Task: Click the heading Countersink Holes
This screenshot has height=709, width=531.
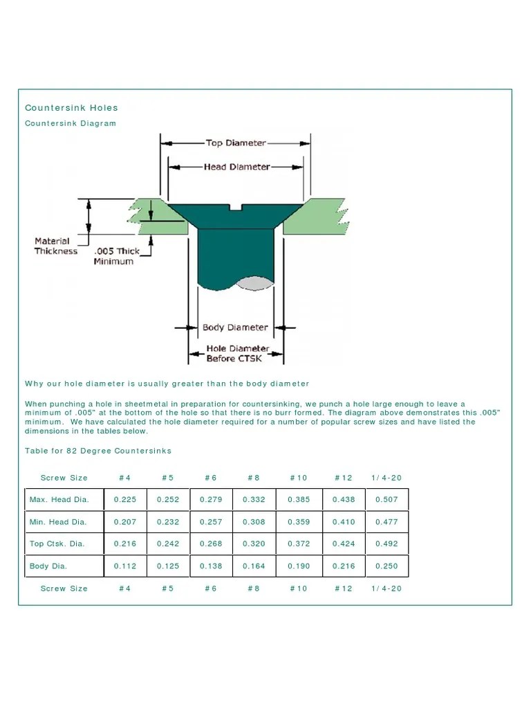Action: (71, 107)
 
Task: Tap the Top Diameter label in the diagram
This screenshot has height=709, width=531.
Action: (236, 143)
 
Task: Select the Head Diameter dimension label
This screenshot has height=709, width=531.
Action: (236, 167)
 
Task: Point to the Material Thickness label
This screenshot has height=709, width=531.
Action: (55, 246)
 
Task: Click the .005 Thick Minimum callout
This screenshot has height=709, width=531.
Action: (115, 255)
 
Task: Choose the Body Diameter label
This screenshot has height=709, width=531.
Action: (235, 327)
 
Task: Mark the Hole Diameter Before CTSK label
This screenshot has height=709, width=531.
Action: (236, 353)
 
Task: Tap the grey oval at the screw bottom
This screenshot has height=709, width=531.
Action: (254, 282)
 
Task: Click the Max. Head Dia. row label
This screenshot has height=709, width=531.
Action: (58, 499)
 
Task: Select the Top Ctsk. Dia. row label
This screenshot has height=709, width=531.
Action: (57, 544)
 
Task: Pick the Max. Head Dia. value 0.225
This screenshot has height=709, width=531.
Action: (124, 499)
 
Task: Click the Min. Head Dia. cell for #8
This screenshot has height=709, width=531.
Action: (254, 521)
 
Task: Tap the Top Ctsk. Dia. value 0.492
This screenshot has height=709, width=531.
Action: (386, 544)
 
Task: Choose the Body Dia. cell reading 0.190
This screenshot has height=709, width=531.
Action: (298, 566)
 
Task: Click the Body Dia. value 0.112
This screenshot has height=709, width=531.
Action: (124, 566)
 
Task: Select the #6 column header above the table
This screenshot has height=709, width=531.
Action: (211, 477)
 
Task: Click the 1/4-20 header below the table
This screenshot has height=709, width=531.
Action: (386, 588)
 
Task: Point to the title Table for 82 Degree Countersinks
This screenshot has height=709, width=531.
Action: (98, 451)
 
